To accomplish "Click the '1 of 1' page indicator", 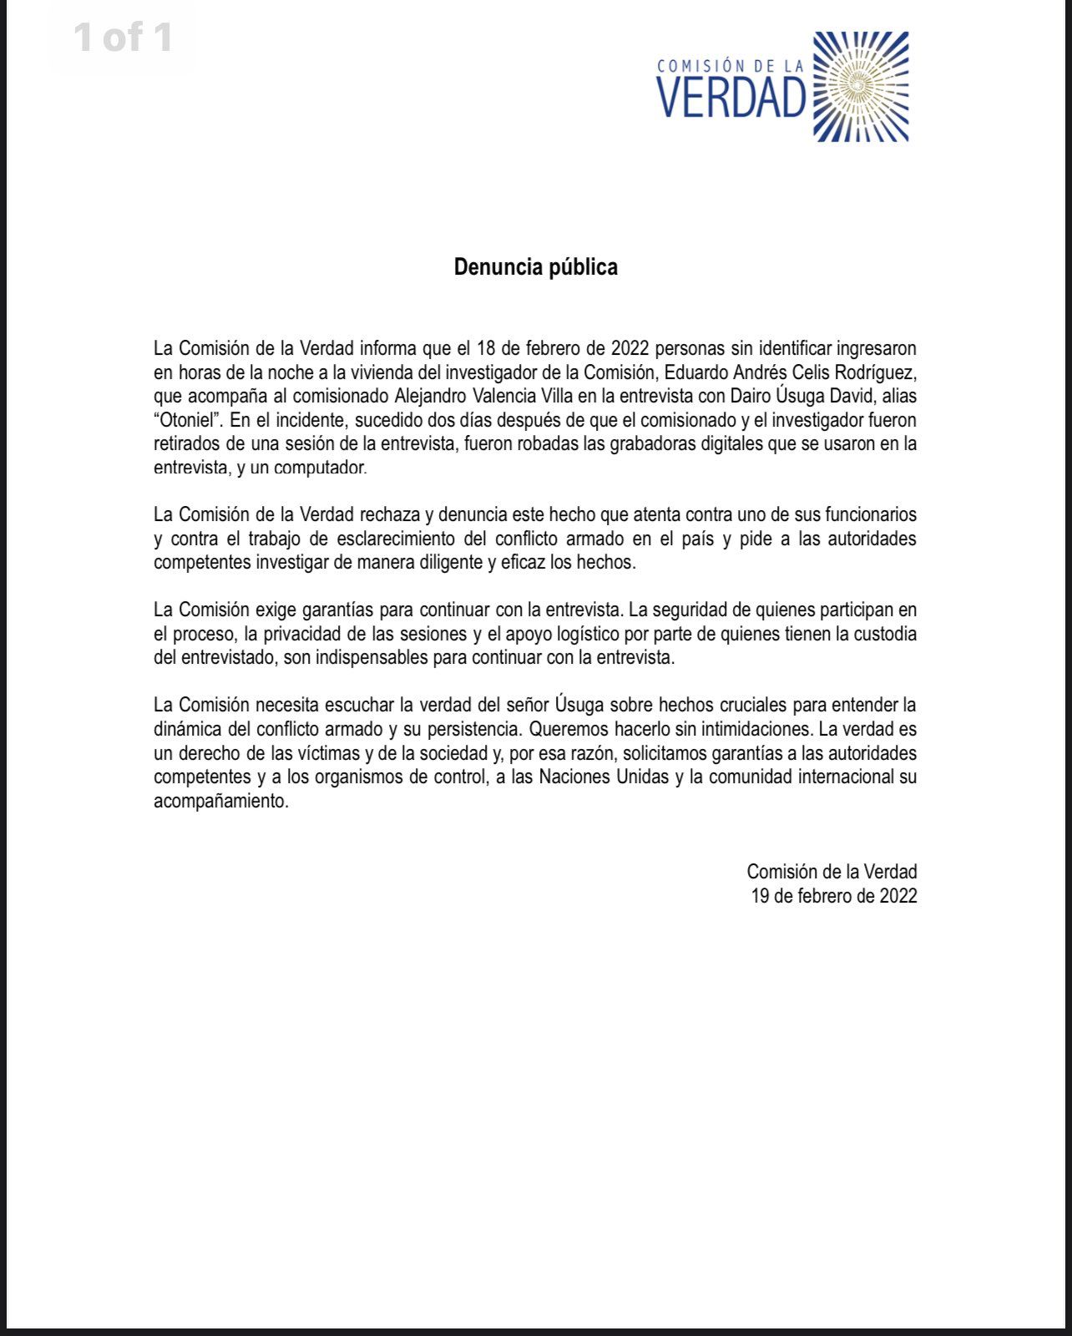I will tap(124, 38).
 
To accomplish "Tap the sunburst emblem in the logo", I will tap(860, 86).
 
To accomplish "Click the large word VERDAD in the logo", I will tap(731, 99).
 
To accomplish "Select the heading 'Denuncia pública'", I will tap(535, 267).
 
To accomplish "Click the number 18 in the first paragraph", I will tap(487, 347).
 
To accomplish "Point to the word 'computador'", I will tap(320, 468).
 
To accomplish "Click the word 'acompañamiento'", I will tap(221, 802).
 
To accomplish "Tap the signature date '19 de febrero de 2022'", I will tap(833, 896).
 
